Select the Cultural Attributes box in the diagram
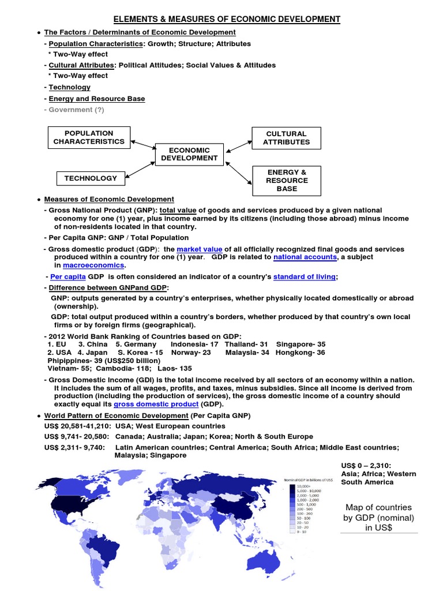[x=286, y=137]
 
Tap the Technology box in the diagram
[x=90, y=178]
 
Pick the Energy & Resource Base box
[x=286, y=180]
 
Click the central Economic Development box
[x=189, y=154]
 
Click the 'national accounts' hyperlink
[x=305, y=257]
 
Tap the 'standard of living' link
[x=304, y=276]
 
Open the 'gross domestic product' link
[x=152, y=405]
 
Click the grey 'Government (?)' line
[x=76, y=110]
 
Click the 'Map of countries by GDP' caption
[x=378, y=517]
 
